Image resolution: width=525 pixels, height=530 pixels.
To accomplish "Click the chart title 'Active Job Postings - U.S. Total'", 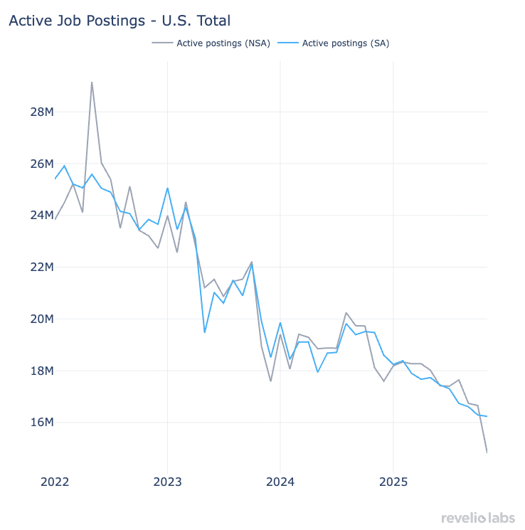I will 120,21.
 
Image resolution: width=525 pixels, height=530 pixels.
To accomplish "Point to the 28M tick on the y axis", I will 40,112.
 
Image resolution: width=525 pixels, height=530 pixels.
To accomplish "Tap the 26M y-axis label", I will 40,164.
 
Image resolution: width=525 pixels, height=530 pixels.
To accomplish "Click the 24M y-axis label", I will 40,215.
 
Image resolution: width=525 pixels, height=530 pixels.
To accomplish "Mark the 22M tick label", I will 40,267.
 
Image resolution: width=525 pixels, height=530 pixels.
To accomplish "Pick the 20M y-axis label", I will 40,319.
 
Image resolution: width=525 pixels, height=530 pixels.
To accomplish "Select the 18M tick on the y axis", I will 40,371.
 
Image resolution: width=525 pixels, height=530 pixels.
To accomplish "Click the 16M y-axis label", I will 40,423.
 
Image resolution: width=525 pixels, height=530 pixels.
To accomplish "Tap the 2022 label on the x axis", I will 55,482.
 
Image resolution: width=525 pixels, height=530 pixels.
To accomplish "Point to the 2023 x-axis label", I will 167,482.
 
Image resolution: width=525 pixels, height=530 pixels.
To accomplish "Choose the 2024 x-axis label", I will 280,482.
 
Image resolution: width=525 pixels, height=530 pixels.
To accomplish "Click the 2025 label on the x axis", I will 393,482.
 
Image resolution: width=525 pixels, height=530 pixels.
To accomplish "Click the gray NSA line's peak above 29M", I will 92,83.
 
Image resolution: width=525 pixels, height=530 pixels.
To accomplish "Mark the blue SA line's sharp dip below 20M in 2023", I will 205,332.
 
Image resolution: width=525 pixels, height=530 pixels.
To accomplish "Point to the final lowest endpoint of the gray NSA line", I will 487,452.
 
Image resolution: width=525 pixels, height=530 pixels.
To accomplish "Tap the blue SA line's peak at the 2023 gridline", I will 167,189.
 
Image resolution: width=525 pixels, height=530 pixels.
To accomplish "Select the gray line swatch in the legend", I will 162,43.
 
